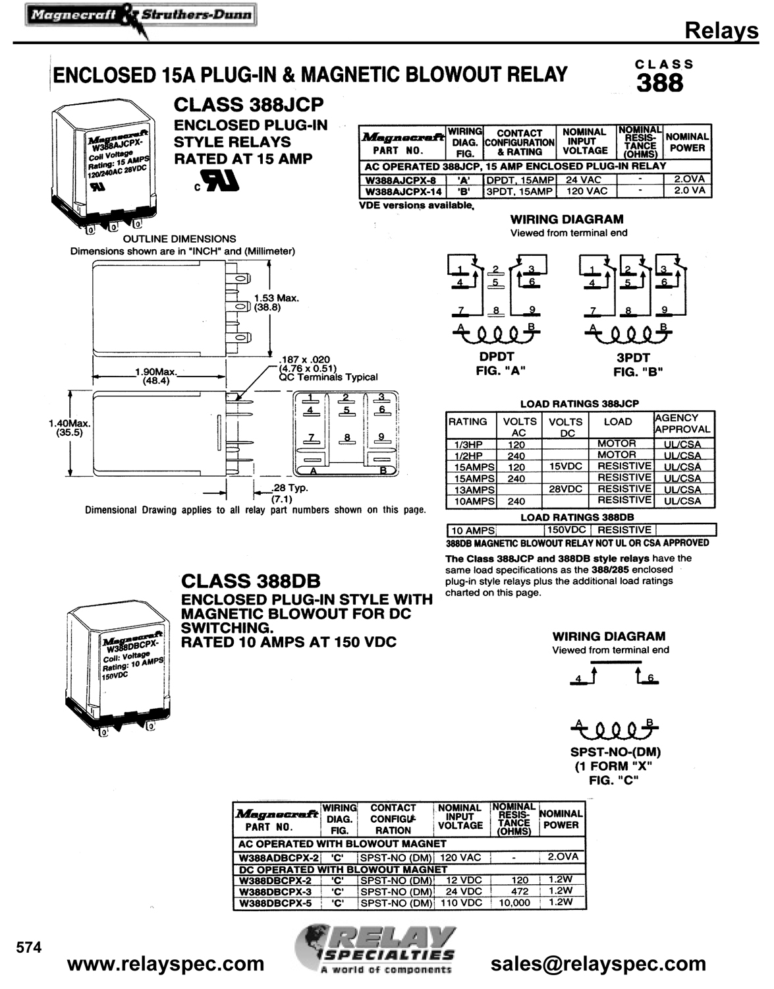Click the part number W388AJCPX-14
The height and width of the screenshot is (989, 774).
click(x=403, y=192)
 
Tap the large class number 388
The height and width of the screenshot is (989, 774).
click(x=659, y=83)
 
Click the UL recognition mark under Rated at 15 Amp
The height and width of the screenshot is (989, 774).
click(x=217, y=181)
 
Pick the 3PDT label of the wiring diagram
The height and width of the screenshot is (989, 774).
click(x=633, y=357)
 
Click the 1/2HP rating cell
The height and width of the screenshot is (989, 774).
click(x=468, y=456)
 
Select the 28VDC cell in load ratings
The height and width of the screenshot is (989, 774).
click(x=565, y=489)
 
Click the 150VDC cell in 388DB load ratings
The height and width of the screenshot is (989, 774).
click(x=568, y=529)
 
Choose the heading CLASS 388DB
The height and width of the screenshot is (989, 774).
click(x=250, y=582)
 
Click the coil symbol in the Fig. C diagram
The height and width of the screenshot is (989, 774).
click(x=614, y=730)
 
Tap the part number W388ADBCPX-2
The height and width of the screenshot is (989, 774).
click(x=279, y=858)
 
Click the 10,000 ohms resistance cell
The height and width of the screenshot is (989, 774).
click(x=514, y=903)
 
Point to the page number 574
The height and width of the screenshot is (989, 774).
click(x=28, y=947)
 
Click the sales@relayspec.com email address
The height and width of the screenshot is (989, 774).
click(x=598, y=964)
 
